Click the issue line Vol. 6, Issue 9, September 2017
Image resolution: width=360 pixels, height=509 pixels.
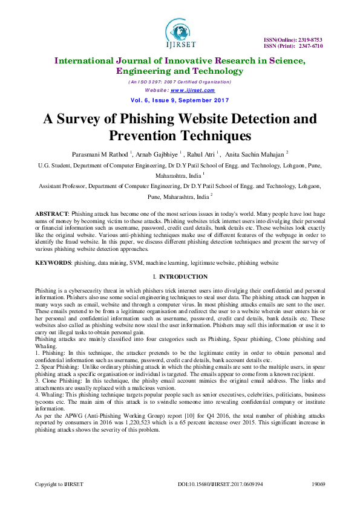point(180,99)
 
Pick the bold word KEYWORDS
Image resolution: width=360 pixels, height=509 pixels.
point(53,264)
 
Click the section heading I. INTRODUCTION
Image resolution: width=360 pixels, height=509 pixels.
point(180,277)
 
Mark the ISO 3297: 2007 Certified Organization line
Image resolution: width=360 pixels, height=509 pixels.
point(180,82)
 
